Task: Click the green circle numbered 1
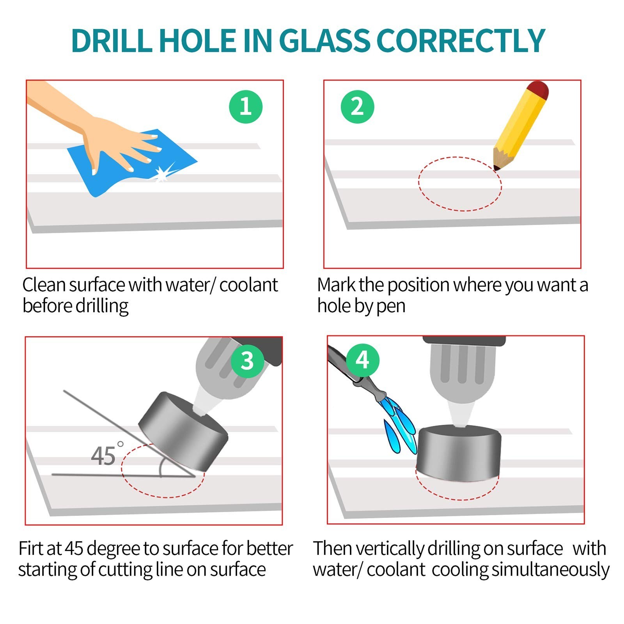pyautogui.click(x=246, y=107)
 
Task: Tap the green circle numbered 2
pyautogui.click(x=357, y=107)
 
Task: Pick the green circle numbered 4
pyautogui.click(x=362, y=360)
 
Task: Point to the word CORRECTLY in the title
pyautogui.click(x=461, y=41)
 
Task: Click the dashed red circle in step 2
pyautogui.click(x=460, y=157)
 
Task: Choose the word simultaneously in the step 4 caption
pyautogui.click(x=550, y=570)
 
